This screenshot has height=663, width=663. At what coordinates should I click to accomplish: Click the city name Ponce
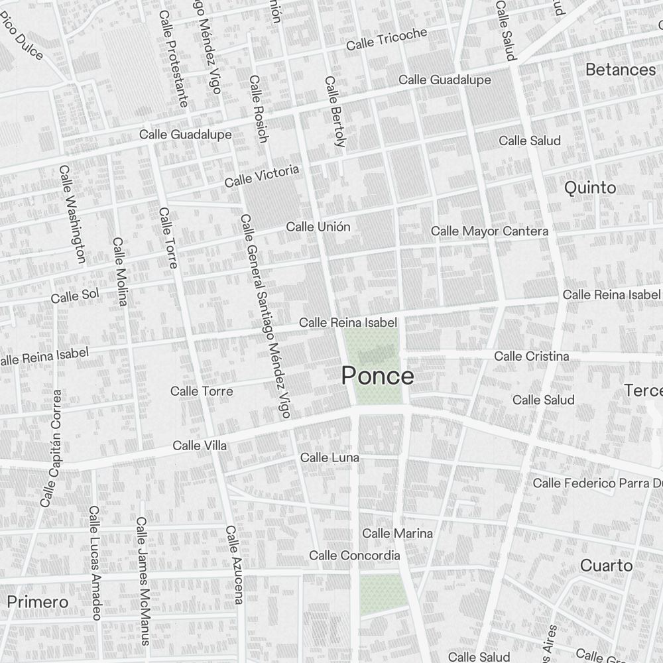click(x=377, y=376)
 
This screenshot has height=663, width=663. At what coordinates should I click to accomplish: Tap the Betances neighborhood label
click(x=620, y=70)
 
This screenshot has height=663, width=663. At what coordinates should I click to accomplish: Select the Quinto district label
click(x=589, y=188)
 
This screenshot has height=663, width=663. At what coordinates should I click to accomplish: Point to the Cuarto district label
click(x=606, y=566)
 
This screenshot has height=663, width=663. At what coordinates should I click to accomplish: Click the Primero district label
click(x=38, y=602)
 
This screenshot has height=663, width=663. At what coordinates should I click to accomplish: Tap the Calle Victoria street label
click(x=261, y=176)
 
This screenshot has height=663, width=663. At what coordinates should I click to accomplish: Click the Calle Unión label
click(x=318, y=227)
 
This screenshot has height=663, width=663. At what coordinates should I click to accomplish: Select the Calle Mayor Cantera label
click(x=489, y=231)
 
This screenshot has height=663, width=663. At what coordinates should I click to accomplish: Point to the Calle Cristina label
click(x=531, y=356)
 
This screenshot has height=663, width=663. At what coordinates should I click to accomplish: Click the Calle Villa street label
click(x=200, y=446)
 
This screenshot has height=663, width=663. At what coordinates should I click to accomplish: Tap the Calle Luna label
click(x=330, y=457)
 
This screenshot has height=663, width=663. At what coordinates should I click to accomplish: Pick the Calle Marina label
click(x=397, y=533)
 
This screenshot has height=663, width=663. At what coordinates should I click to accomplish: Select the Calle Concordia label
click(x=354, y=555)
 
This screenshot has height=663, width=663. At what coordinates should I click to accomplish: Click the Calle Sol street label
click(x=74, y=296)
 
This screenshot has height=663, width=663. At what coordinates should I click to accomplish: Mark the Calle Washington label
click(x=72, y=213)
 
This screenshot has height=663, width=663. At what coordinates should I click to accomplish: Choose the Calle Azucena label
click(x=235, y=565)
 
